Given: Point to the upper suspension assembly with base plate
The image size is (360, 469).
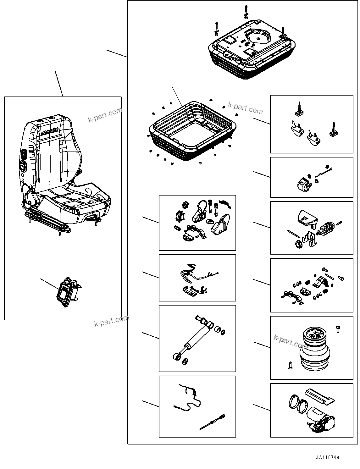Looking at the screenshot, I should [252, 50].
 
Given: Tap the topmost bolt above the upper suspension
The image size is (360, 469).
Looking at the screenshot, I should [246, 8].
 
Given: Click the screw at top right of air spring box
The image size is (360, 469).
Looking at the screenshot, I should [338, 329].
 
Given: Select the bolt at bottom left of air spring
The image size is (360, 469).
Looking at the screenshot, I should [290, 366].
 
